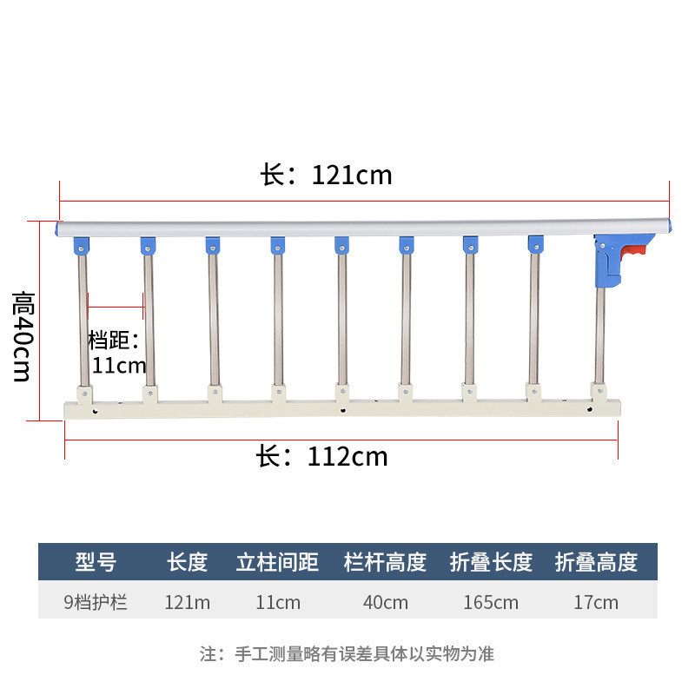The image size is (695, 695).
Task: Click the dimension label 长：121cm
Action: (x=327, y=175)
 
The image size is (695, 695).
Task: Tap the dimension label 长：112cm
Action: (x=322, y=456)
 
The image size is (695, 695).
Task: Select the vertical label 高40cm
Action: (x=22, y=336)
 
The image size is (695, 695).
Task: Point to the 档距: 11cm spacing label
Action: (x=117, y=352)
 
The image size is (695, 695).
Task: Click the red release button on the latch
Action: (x=636, y=253)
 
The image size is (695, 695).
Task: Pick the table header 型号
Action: (x=96, y=562)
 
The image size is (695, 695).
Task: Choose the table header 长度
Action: (x=188, y=562)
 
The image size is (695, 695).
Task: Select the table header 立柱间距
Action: (x=278, y=562)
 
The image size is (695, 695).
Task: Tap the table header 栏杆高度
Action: (x=386, y=562)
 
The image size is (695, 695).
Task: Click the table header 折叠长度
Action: (x=491, y=562)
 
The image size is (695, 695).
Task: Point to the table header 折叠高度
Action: (x=596, y=562)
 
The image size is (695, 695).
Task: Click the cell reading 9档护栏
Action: (x=96, y=602)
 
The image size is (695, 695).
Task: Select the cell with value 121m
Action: (x=188, y=602)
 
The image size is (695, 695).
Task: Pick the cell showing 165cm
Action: (x=491, y=602)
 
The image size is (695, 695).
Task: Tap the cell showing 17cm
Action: (x=596, y=602)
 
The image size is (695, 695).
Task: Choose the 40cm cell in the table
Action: (x=386, y=602)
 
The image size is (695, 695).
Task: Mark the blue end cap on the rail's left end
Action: (x=58, y=228)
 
